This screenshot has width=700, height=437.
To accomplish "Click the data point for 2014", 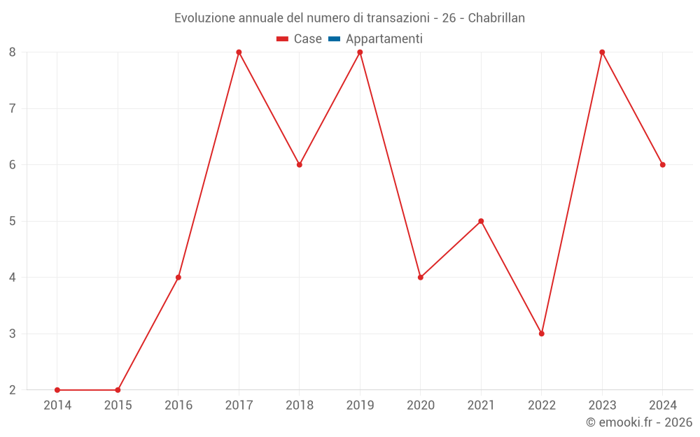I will [57, 390].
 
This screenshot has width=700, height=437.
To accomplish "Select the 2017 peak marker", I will [239, 52].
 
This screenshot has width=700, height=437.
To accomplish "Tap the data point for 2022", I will [542, 334].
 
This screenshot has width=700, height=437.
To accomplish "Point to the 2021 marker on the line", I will [481, 221].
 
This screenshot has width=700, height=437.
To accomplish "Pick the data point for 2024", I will [663, 165].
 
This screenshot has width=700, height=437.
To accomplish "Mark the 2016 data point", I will [178, 278].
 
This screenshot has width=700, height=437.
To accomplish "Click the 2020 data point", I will [421, 278].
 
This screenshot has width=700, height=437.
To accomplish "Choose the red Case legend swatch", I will [282, 39].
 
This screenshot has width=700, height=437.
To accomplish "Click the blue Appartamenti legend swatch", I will [334, 39].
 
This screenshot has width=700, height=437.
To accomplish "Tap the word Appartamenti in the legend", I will [384, 39].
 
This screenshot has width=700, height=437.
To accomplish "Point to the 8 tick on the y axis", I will [13, 52].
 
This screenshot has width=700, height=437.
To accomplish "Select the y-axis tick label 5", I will [13, 221].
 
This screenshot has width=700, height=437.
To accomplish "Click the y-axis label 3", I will [13, 334].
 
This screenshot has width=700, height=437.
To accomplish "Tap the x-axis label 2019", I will [360, 406].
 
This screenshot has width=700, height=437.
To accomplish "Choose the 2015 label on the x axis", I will [118, 406].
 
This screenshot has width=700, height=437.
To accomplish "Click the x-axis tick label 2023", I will [602, 406].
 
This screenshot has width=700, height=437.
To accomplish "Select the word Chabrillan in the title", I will [496, 18].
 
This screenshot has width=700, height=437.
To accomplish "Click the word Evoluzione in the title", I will [204, 18].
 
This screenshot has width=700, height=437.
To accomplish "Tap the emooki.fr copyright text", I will [639, 422].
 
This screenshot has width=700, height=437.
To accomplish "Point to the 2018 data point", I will [300, 165].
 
